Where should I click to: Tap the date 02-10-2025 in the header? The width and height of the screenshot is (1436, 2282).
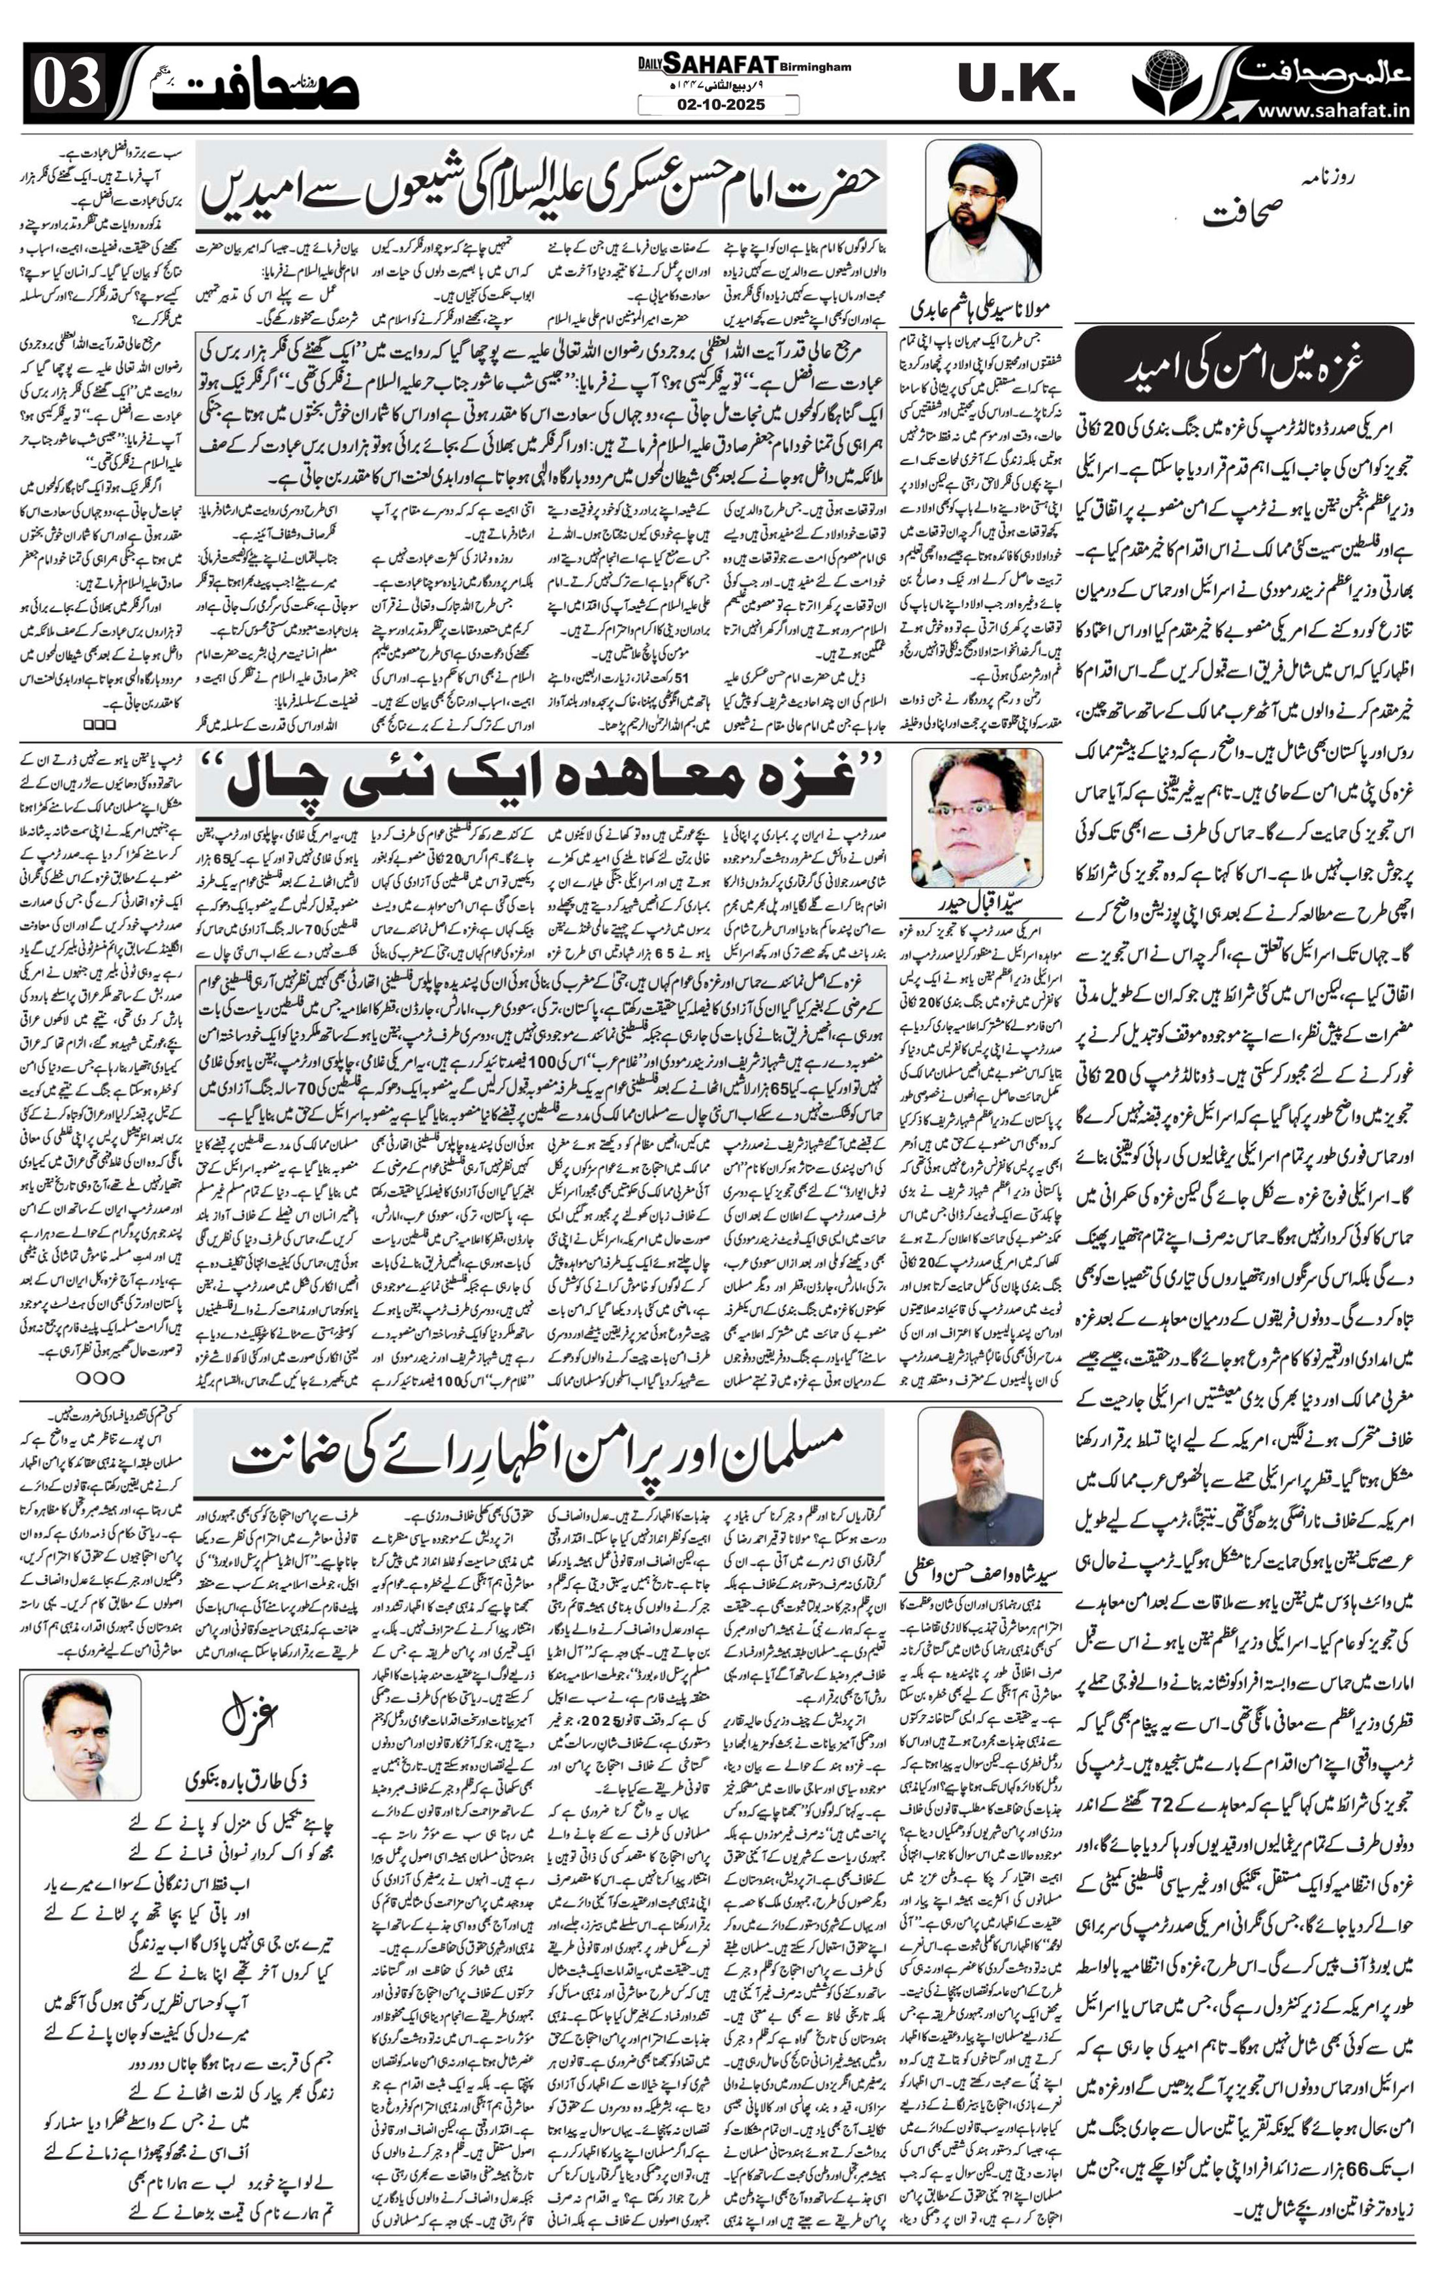[719, 105]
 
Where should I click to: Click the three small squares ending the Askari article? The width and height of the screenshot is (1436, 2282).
[99, 724]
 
